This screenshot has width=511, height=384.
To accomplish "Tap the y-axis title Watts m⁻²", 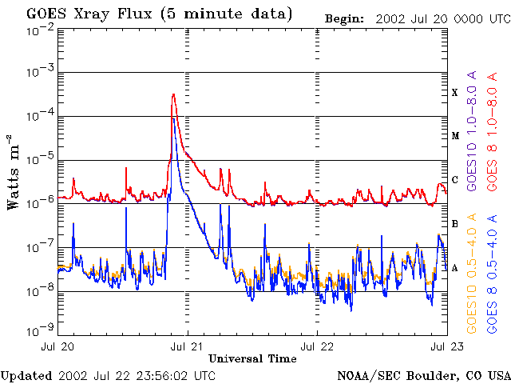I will click(x=14, y=171).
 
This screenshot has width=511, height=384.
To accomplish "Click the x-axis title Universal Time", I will click(x=252, y=358).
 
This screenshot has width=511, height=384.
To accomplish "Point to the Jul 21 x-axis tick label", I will click(x=187, y=346).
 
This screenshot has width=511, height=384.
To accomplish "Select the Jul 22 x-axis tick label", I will click(x=317, y=346).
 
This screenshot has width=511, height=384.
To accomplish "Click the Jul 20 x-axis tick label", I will click(x=57, y=346).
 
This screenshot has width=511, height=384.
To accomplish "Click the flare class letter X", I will click(x=455, y=93).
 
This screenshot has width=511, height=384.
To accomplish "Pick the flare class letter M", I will click(x=455, y=136).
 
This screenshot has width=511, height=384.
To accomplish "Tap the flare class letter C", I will click(x=455, y=180).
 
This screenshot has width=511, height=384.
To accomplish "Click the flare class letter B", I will click(x=455, y=224).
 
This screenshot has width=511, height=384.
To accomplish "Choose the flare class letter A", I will click(x=455, y=268).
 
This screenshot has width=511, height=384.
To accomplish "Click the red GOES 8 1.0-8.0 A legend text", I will click(x=493, y=131).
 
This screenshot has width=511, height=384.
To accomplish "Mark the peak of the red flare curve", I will click(x=173, y=94).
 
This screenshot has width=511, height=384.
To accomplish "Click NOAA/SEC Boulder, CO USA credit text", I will click(x=423, y=374).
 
